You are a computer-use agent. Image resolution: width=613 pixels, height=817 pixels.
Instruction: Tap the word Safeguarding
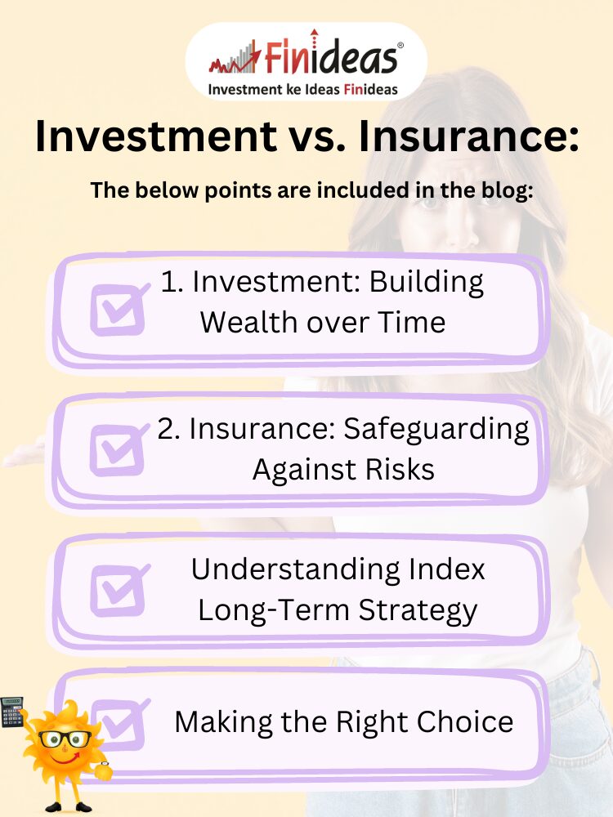point(436,431)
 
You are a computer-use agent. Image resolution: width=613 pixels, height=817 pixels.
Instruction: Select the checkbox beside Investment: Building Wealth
point(119,309)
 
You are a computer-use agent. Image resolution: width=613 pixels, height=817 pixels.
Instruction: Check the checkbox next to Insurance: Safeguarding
point(119,449)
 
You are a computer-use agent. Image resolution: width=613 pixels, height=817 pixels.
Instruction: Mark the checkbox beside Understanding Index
point(119,591)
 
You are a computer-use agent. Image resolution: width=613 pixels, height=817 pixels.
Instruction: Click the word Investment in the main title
point(156,136)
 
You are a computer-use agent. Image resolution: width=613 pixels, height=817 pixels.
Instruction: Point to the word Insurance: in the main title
point(468,136)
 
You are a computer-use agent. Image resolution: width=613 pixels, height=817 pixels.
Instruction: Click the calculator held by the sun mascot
point(12,712)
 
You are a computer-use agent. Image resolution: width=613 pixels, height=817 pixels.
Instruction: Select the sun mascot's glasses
point(65,739)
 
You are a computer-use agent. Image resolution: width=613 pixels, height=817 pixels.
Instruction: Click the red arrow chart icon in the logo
point(235,58)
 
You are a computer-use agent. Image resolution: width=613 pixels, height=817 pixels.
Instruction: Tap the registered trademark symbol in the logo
point(400,46)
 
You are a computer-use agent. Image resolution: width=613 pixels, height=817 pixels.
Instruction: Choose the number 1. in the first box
point(171,282)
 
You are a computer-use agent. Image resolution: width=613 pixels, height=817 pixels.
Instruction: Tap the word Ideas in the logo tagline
point(321,89)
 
